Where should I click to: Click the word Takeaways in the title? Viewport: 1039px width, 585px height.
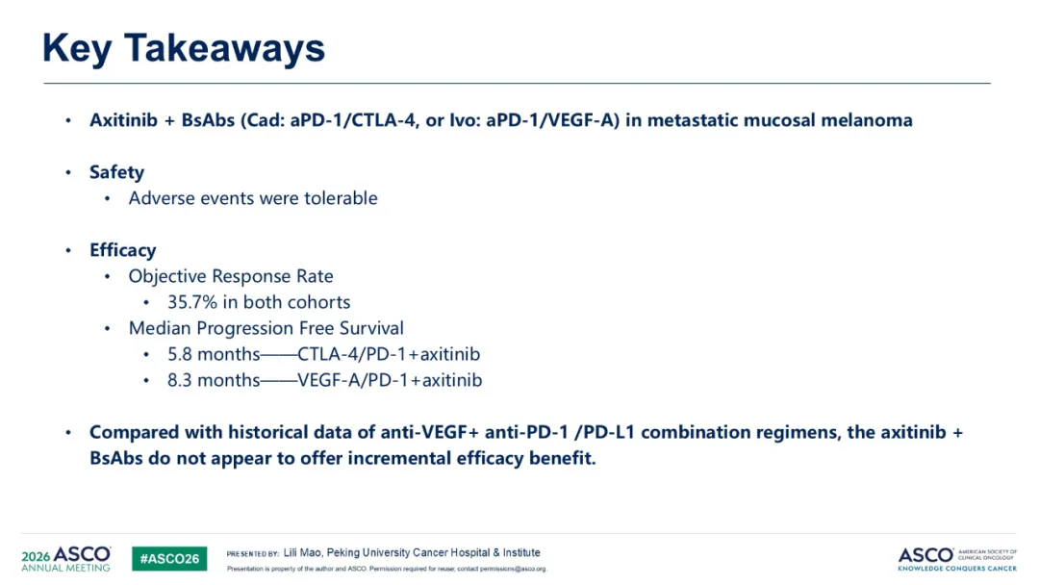click(x=224, y=49)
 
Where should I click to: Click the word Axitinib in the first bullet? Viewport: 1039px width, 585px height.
click(x=124, y=120)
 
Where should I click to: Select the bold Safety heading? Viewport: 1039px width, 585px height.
click(x=116, y=172)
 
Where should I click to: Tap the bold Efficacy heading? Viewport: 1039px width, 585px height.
click(x=122, y=250)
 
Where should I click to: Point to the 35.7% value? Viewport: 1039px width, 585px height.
click(x=192, y=302)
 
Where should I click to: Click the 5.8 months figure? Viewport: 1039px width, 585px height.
click(x=214, y=354)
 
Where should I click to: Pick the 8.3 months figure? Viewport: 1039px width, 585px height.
click(x=214, y=380)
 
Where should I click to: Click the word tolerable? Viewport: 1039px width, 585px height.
click(x=341, y=198)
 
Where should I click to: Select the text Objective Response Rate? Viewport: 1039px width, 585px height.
click(x=231, y=276)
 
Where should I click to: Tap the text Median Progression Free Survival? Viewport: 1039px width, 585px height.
click(x=266, y=328)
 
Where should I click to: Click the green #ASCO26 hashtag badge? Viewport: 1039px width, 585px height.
click(x=169, y=558)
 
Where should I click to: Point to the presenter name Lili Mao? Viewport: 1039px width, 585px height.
click(x=302, y=552)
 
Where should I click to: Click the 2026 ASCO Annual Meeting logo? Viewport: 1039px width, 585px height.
click(x=65, y=558)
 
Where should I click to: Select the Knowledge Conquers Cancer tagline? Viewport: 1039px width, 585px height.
click(x=957, y=569)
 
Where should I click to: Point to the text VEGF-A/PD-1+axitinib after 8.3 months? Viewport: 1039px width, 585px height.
click(x=390, y=380)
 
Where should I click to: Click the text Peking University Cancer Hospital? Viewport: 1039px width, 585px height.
click(x=407, y=552)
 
